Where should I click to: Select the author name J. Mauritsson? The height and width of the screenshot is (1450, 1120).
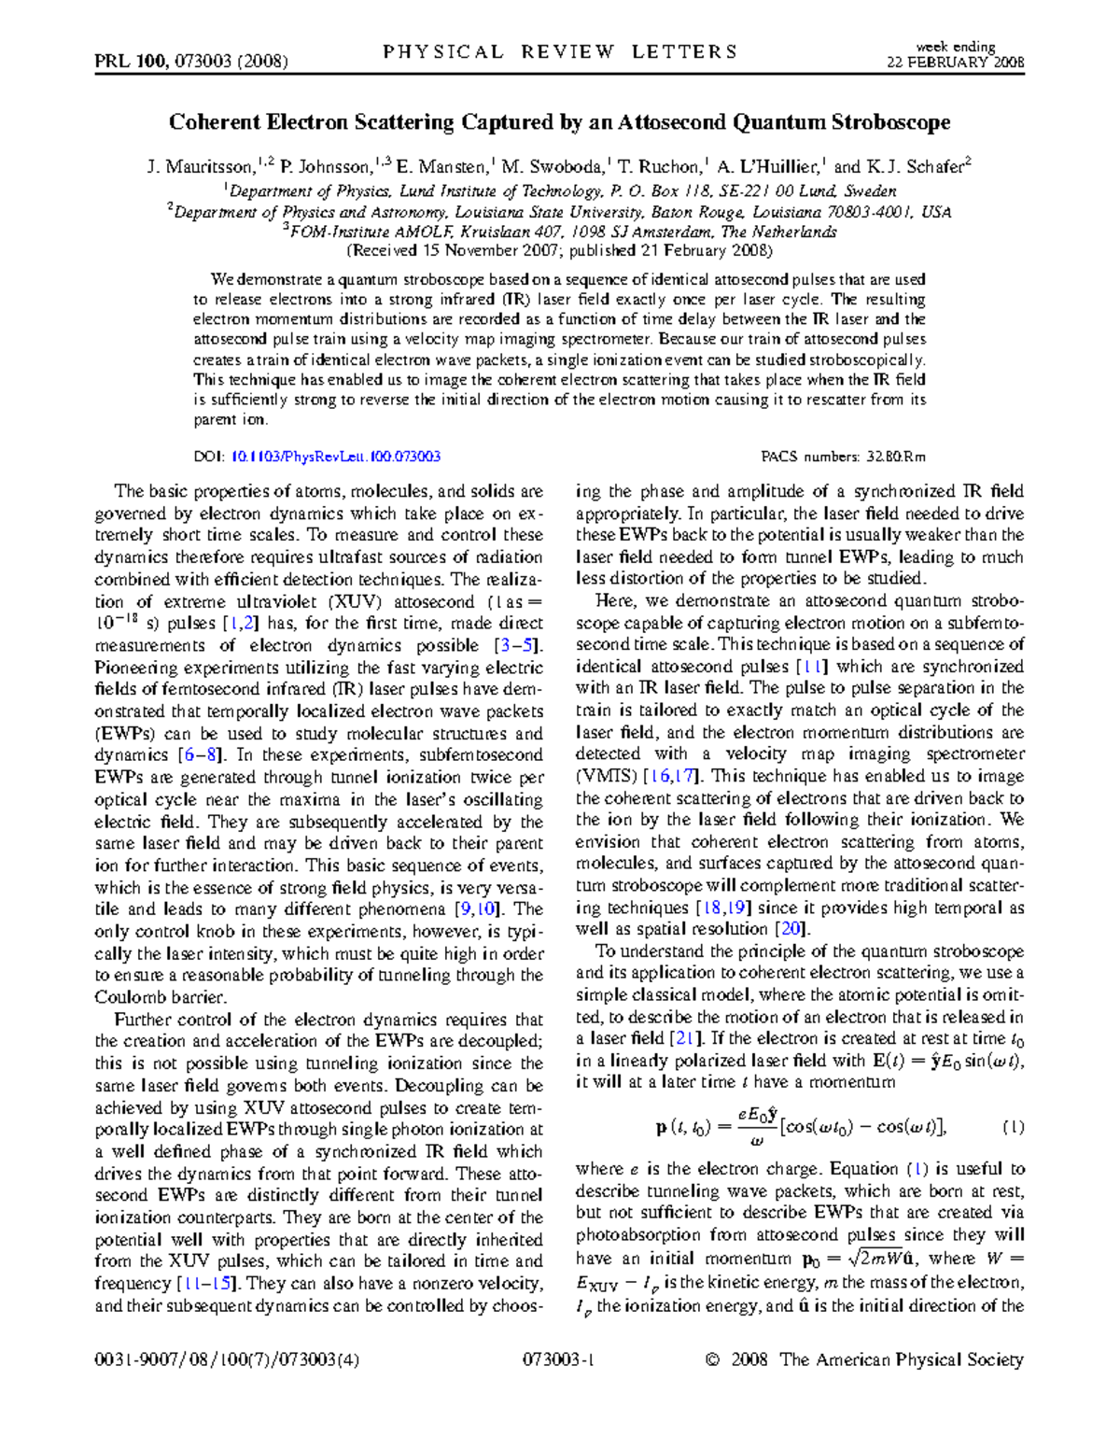tap(200, 168)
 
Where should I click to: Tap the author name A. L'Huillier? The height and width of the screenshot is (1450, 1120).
tap(768, 168)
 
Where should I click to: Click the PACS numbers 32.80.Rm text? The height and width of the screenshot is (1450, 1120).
tap(843, 457)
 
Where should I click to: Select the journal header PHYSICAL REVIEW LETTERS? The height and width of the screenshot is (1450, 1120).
tap(560, 52)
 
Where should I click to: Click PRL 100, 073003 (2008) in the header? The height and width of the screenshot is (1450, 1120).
tap(191, 62)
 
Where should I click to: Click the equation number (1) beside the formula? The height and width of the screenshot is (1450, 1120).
tap(1013, 1127)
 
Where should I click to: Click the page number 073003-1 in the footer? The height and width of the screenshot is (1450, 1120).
tap(559, 1359)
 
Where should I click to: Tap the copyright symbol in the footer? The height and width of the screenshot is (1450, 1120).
tap(713, 1360)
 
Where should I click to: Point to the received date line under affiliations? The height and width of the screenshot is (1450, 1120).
tap(559, 251)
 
